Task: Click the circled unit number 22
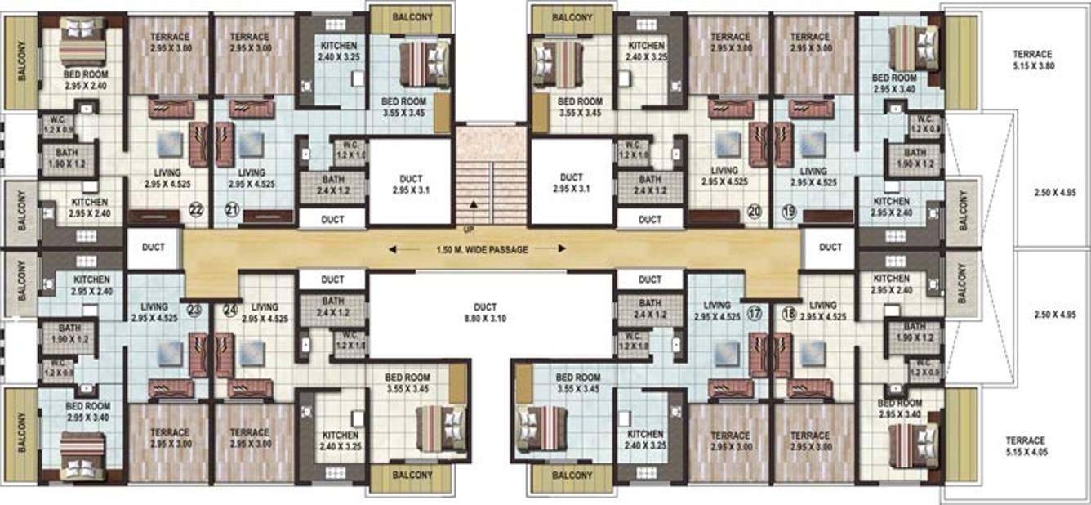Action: coord(196,210)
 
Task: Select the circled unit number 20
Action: coord(754,211)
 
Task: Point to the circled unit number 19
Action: coord(789,211)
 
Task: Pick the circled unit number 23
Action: coord(194,310)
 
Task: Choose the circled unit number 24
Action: coord(230,310)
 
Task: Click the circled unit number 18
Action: coord(789,311)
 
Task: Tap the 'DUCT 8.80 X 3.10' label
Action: coord(490,313)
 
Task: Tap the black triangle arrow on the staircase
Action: coord(472,203)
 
